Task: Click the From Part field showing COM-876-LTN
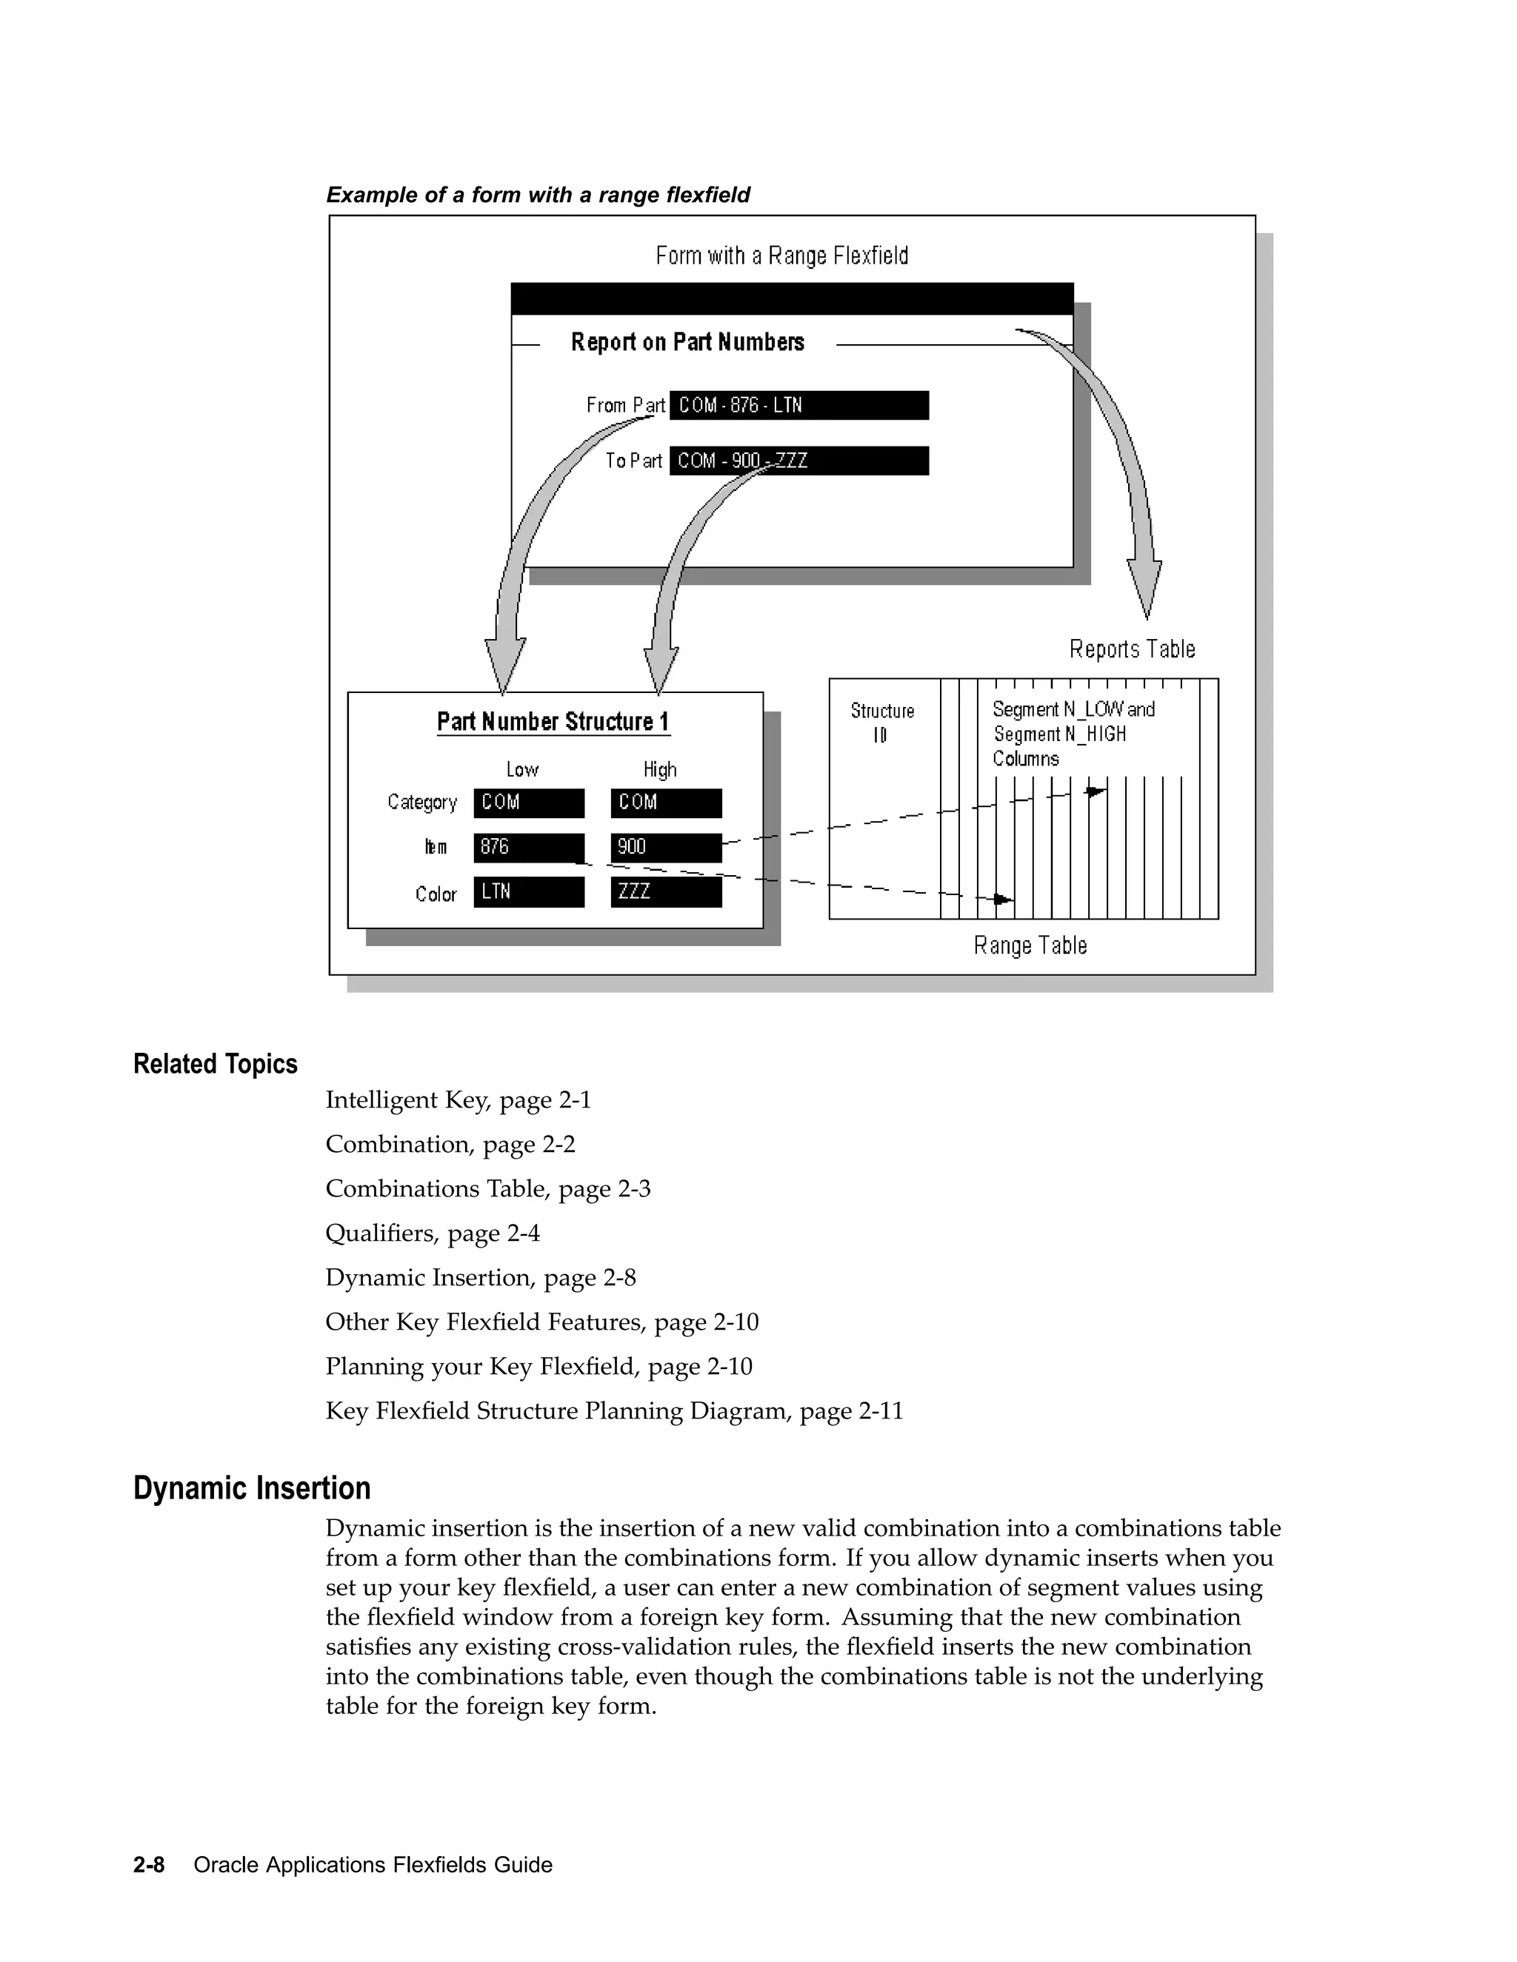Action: pos(798,405)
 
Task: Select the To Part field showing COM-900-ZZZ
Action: pos(798,461)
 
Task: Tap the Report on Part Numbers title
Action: pos(687,342)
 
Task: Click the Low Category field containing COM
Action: pos(528,803)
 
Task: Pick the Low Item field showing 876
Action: pos(528,847)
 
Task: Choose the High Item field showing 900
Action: pos(666,847)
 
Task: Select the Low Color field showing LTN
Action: pos(528,892)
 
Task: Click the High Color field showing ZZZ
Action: pos(666,892)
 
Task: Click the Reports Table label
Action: pos(1132,649)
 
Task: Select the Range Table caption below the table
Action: pos(1030,945)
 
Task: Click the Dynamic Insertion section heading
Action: pos(252,1487)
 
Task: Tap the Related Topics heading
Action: pos(215,1064)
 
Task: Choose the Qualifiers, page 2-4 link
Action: pos(433,1233)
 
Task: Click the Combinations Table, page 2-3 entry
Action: pos(488,1188)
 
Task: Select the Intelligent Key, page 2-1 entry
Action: pos(459,1100)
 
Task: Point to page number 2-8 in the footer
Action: pos(149,1865)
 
